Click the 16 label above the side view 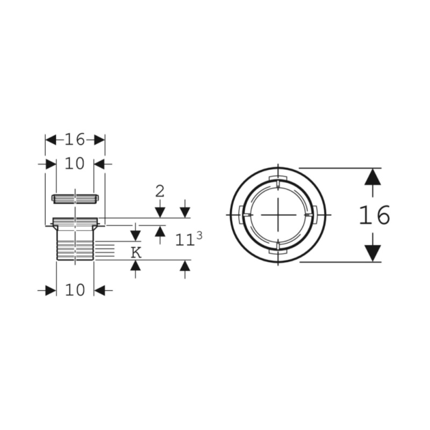point(75,140)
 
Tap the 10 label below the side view point(75,290)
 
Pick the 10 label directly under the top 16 point(75,163)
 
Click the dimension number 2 point(160,191)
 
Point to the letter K point(136,253)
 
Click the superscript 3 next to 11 point(199,235)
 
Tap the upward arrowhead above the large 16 point(372,177)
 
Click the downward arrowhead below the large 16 point(372,253)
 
